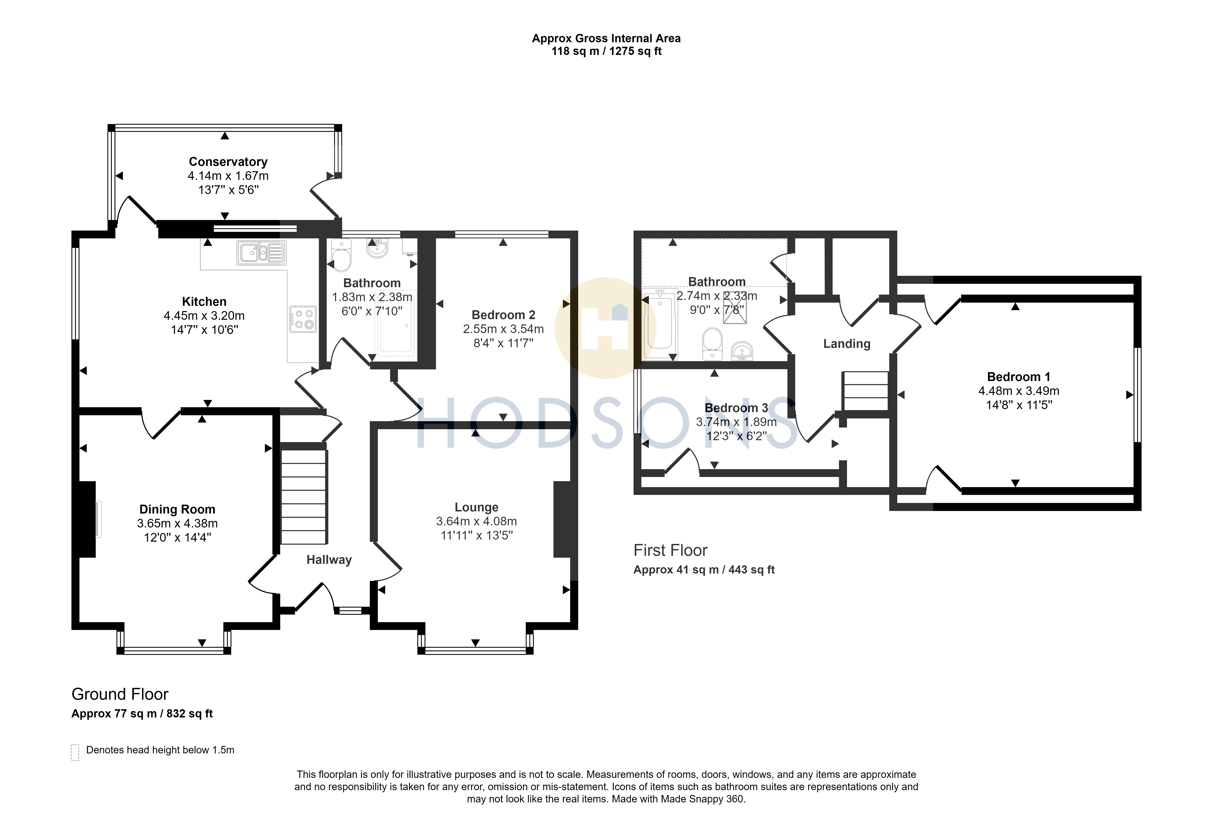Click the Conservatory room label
pos(228,162)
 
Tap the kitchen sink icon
pos(261,253)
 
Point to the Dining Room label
pos(178,510)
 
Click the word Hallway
pos(329,560)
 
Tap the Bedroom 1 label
pos(1019,377)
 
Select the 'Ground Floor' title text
pos(120,694)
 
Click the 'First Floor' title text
pos(671,550)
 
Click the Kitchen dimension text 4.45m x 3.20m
pos(204,316)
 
